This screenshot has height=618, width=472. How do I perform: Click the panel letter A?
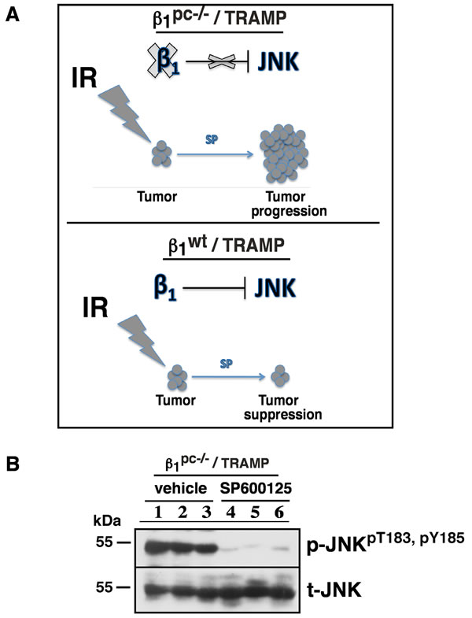point(13,16)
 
